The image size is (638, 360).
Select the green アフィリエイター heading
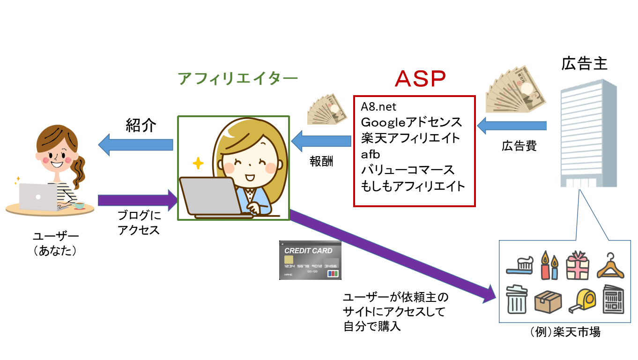point(237,79)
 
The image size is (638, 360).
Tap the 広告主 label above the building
point(584,63)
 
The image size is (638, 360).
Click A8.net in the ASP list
point(378,107)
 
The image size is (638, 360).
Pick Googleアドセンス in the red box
point(411,122)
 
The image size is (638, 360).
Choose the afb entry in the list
point(370,154)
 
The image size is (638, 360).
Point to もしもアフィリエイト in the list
point(413,186)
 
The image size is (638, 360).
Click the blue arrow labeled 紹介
point(135,144)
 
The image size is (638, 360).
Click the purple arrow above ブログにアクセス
point(139,201)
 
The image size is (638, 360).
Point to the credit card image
point(310,261)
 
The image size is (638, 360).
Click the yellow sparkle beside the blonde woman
point(198,164)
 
